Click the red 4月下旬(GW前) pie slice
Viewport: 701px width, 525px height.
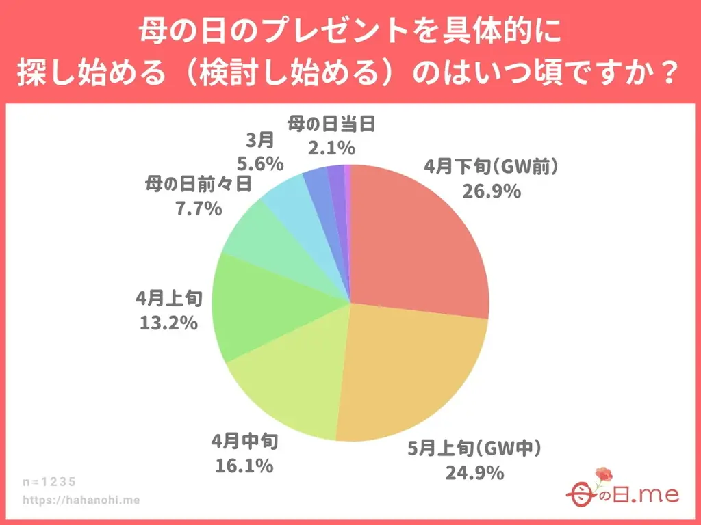tap(418, 239)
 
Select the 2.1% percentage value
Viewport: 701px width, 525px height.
tap(331, 147)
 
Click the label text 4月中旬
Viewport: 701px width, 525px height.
tap(244, 443)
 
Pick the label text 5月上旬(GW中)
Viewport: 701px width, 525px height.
tap(474, 449)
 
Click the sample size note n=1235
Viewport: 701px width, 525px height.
tap(49, 481)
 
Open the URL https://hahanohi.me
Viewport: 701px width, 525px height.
tap(81, 500)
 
